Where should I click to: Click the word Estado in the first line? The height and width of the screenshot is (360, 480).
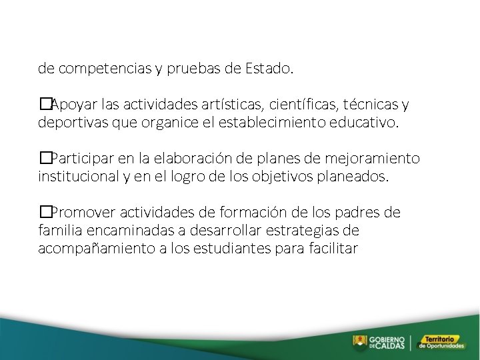point(268,68)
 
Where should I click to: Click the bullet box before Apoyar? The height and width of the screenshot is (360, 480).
point(45,105)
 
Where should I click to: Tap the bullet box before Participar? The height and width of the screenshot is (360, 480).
point(45,159)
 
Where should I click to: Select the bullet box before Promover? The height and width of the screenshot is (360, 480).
point(45,213)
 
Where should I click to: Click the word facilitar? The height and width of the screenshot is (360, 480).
point(333,249)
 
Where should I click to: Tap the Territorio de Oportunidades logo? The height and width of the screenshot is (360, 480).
point(444,342)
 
